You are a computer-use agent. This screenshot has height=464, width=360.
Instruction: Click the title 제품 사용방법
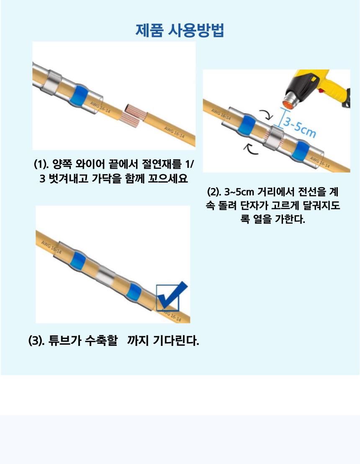coord(180,30)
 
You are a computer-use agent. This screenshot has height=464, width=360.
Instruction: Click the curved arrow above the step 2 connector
coord(266,114)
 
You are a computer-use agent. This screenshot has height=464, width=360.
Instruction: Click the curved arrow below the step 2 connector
coord(250,149)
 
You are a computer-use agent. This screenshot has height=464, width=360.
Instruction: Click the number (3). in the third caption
coord(36,341)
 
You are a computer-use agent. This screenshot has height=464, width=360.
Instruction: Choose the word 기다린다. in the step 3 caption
coord(176,341)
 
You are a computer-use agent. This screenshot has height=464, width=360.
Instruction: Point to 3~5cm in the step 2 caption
coord(239,192)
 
